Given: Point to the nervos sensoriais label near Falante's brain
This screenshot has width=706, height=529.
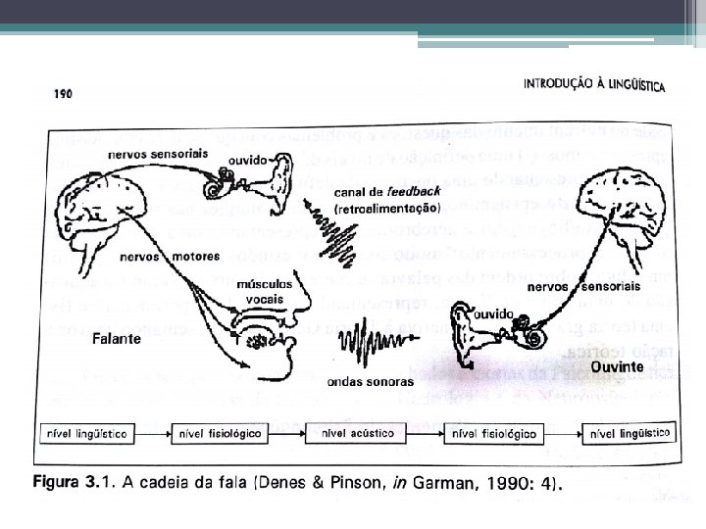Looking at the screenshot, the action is pos(147,156).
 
